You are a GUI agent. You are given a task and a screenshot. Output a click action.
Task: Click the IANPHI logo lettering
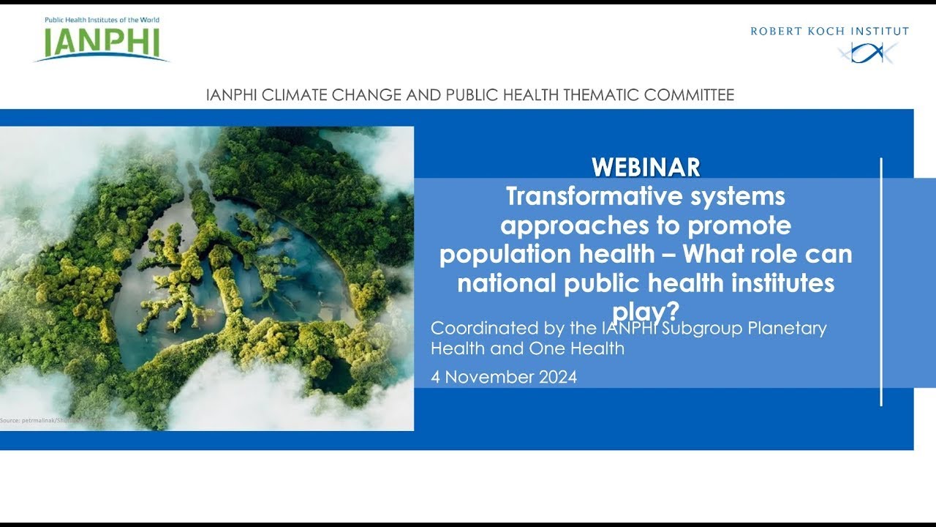click(101, 43)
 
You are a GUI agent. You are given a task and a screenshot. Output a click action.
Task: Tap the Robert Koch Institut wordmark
click(829, 31)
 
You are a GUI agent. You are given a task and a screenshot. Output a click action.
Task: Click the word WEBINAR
click(646, 168)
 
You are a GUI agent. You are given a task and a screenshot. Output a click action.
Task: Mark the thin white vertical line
click(881, 282)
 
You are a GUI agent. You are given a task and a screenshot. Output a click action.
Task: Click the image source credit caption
click(44, 421)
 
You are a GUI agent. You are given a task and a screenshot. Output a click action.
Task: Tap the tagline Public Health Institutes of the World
click(102, 20)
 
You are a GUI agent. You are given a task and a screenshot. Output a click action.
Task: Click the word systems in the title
click(734, 197)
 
